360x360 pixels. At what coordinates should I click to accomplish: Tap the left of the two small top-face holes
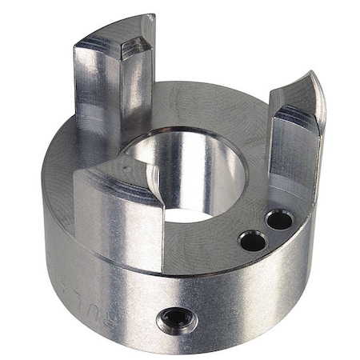(250, 239)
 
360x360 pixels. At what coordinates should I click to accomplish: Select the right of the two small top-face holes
(278, 219)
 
